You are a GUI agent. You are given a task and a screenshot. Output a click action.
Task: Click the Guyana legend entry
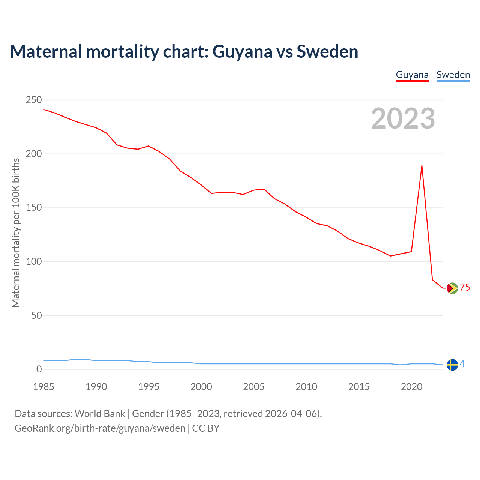point(412,75)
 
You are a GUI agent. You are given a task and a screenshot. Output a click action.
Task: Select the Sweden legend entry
point(453,75)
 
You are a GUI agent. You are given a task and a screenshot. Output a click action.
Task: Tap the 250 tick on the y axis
point(34,100)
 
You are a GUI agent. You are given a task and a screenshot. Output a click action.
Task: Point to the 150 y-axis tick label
point(34,208)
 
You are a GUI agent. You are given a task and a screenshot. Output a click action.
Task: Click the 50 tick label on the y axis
point(36,316)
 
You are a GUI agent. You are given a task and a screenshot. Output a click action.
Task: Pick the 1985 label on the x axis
point(43,387)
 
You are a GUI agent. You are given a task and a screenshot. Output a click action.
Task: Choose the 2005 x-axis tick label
point(254,387)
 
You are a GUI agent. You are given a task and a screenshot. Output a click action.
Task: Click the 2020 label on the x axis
point(412,387)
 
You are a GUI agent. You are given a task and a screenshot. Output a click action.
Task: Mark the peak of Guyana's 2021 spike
point(422,166)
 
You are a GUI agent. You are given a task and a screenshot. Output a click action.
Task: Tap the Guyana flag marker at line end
point(452,288)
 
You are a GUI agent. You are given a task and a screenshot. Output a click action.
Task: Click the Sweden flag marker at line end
point(452,364)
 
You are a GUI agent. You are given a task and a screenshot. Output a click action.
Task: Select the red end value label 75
point(465,288)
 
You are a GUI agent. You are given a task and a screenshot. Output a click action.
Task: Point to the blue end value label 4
point(462,364)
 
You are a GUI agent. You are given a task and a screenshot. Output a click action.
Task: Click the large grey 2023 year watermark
point(403,118)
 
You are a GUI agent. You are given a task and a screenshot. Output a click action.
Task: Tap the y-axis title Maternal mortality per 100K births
point(16,232)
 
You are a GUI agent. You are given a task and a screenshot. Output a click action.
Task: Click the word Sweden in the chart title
point(327,51)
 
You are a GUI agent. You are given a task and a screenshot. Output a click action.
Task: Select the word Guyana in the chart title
point(242,51)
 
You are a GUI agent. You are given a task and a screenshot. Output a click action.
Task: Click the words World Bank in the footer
point(100,414)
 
